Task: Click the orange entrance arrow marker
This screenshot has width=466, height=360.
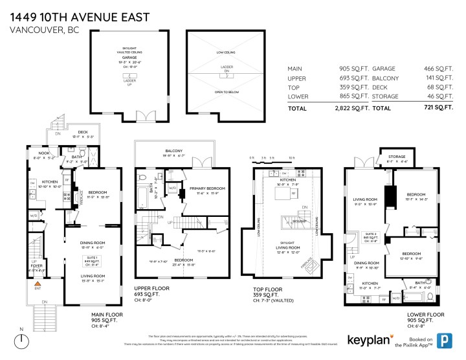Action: point(38,284)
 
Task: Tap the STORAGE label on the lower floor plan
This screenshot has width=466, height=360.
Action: point(397,157)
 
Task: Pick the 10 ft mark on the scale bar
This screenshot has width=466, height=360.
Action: point(292,157)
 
